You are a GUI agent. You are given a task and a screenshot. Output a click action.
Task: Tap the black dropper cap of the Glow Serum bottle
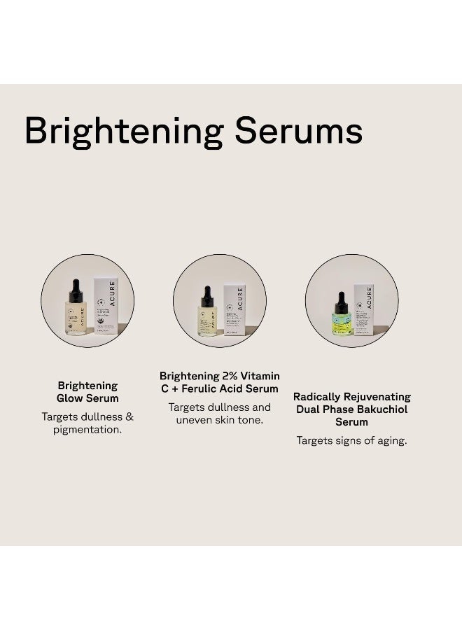click(x=76, y=290)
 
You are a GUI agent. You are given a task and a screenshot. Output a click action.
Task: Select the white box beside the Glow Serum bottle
click(x=106, y=305)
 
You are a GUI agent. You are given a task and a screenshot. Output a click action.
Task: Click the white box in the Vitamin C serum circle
click(x=234, y=309)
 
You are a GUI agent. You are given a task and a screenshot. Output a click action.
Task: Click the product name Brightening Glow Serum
click(x=87, y=392)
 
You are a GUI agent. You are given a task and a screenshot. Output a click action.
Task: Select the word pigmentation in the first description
click(x=87, y=430)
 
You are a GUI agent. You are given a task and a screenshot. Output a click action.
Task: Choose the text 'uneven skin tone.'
click(x=219, y=419)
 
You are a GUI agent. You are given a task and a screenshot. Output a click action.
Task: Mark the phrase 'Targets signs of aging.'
click(x=351, y=440)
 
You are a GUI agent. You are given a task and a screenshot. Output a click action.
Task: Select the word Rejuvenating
click(x=377, y=397)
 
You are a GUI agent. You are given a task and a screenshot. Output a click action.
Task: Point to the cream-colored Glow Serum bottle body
click(x=76, y=318)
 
